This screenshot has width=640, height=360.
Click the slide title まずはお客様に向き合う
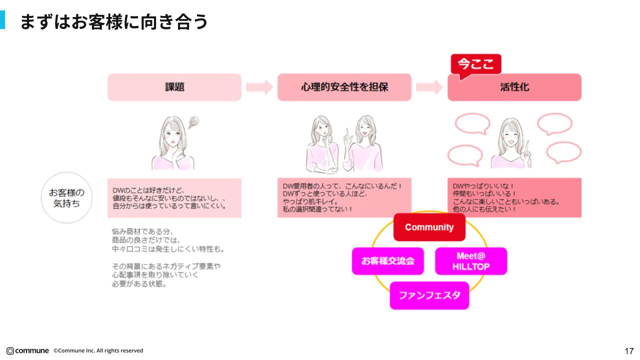point(113,22)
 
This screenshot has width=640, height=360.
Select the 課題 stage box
point(174,87)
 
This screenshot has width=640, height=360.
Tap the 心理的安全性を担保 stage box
point(344,87)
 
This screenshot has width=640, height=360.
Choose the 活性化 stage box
point(514,87)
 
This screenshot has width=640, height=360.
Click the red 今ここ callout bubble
point(475,64)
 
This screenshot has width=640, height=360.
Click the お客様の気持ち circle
point(66,197)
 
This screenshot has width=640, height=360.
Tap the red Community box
point(429,227)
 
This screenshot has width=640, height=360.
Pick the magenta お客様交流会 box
point(387,261)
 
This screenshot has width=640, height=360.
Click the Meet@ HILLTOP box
point(471,261)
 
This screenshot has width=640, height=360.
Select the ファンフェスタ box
point(429,295)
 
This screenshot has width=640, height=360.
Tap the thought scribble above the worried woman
point(193,121)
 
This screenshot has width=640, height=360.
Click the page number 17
point(629,350)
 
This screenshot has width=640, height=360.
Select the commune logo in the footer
point(27,350)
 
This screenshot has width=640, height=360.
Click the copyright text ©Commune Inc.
point(98,350)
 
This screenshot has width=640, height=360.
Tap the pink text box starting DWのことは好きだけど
point(174,198)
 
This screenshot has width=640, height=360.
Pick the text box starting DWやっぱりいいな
point(514,197)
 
